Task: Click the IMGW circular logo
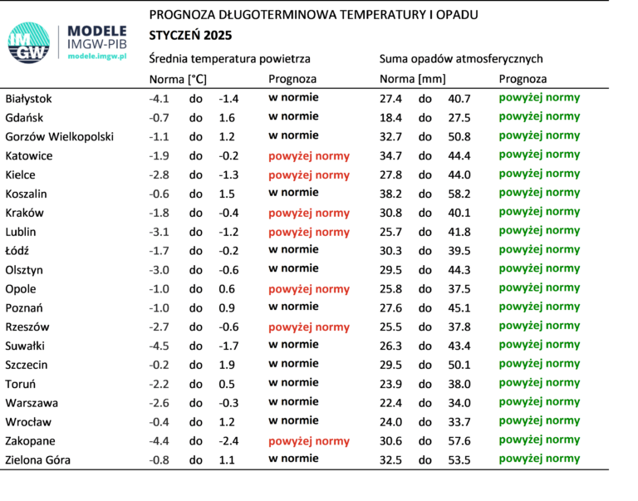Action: [29, 42]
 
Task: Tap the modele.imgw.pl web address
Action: [97, 56]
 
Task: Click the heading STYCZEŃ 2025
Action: [190, 36]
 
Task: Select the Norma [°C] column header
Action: [178, 79]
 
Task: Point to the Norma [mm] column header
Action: [413, 79]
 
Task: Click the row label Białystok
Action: [28, 99]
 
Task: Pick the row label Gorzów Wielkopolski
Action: [60, 137]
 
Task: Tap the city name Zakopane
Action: [30, 441]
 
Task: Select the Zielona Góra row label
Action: [38, 460]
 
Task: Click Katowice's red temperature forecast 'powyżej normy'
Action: [309, 156]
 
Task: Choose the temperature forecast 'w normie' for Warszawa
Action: [293, 401]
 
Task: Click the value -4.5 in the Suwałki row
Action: [159, 346]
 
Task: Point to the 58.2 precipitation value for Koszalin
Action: [459, 194]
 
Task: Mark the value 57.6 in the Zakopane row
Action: [459, 441]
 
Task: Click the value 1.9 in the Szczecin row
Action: [227, 365]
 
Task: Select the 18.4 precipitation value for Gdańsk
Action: [390, 118]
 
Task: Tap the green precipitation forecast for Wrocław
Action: [539, 421]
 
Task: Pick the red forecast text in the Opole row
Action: [309, 289]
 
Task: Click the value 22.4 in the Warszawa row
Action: [390, 403]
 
